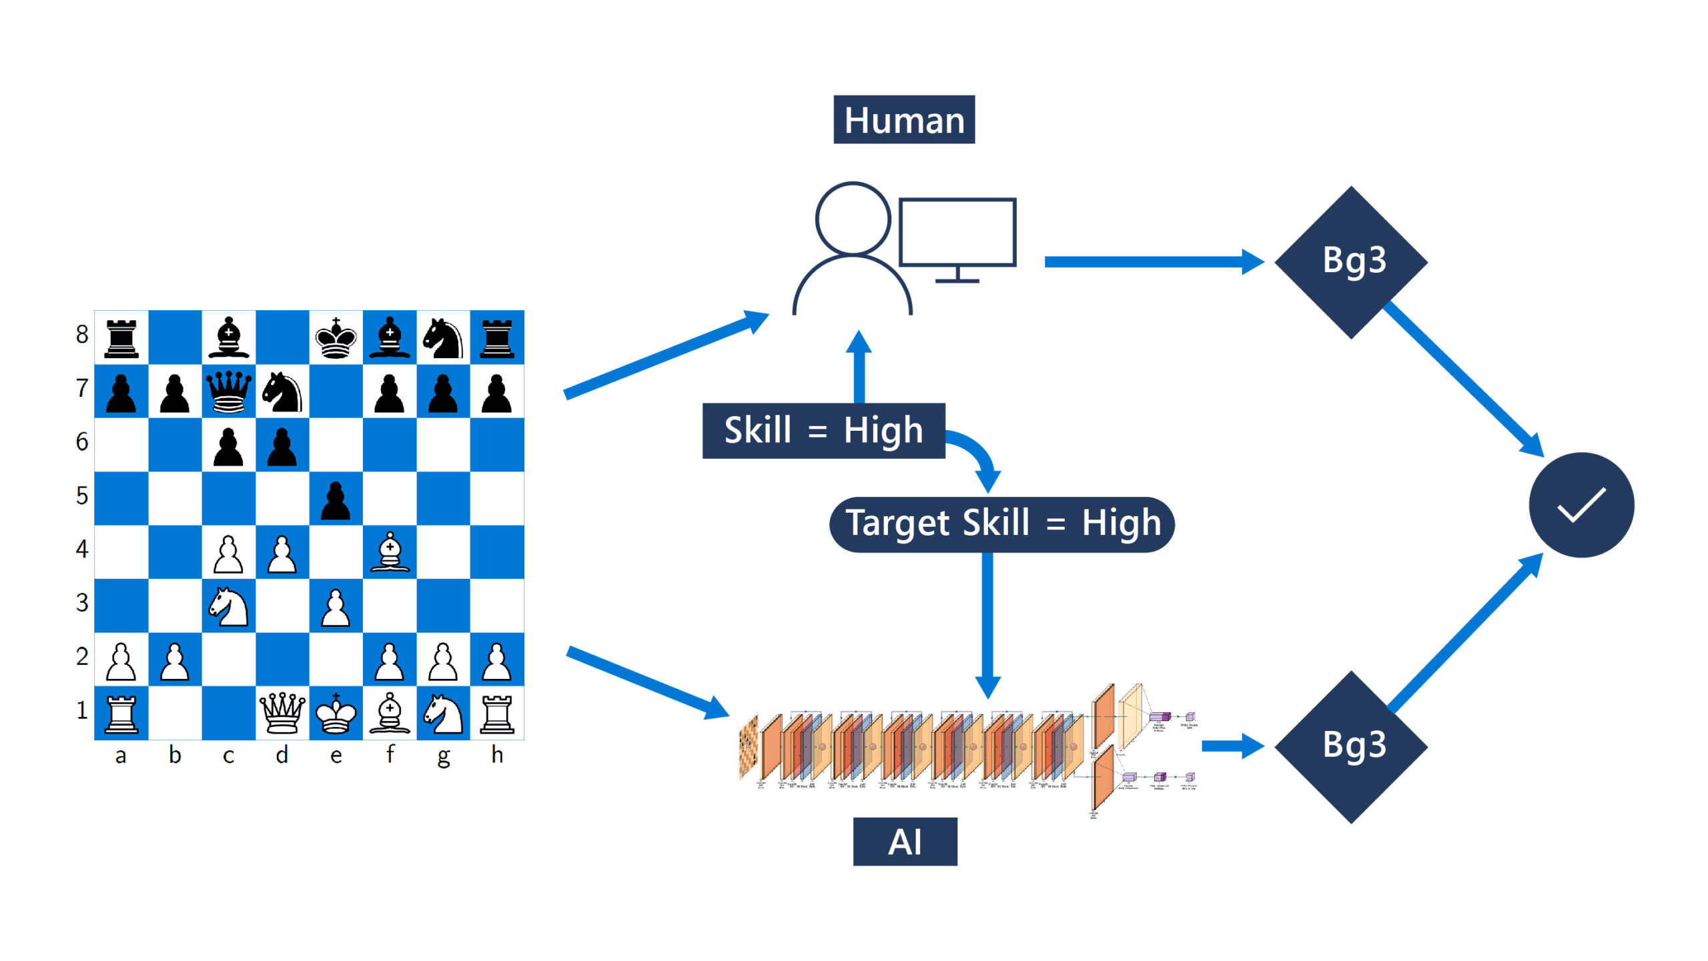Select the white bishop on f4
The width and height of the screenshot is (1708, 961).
click(x=390, y=552)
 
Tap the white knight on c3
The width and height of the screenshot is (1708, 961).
click(x=228, y=606)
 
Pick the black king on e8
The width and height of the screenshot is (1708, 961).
click(x=336, y=338)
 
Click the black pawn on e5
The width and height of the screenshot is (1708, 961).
click(x=336, y=500)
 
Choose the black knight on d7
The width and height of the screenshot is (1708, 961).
click(x=282, y=391)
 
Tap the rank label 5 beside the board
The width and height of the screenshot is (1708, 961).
click(x=82, y=496)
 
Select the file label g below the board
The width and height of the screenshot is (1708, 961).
click(x=443, y=756)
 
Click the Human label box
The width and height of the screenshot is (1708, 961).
click(x=904, y=120)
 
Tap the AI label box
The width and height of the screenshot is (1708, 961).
click(x=905, y=842)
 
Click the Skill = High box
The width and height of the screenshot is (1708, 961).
click(x=823, y=430)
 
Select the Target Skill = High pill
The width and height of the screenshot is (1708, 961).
click(x=1001, y=524)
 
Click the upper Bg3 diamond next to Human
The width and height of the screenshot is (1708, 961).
click(x=1352, y=261)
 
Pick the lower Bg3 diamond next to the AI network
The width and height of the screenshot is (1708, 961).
click(x=1352, y=746)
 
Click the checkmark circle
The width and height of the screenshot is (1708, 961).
click(x=1581, y=505)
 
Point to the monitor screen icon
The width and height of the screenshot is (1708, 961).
click(x=957, y=231)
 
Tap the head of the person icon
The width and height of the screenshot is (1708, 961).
click(x=853, y=218)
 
